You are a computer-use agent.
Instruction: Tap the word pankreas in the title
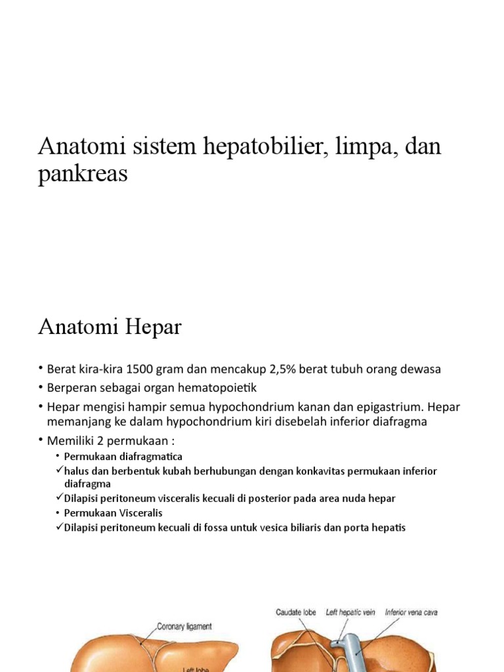(x=83, y=175)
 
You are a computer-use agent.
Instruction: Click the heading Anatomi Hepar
(x=110, y=327)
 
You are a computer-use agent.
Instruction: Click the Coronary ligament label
(x=184, y=627)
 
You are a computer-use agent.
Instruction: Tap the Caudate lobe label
(x=295, y=612)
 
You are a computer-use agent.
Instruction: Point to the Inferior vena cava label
(x=411, y=612)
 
